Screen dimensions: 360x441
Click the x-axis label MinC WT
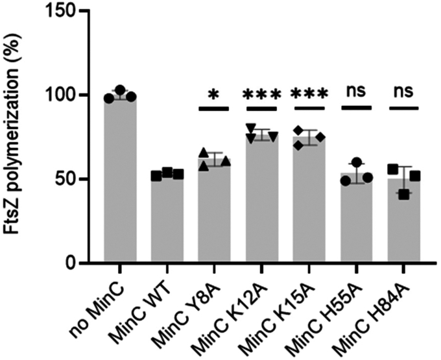click(x=150, y=305)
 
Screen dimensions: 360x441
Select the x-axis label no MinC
click(x=107, y=302)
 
